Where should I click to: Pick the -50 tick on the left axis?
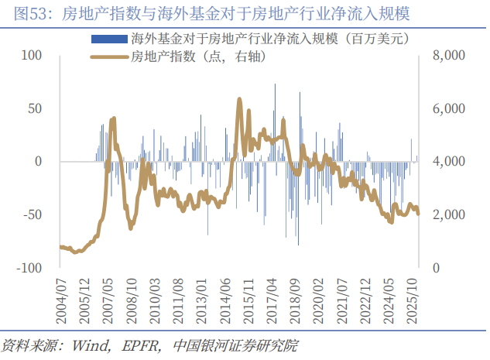pos(30,214)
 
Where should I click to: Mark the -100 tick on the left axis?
pos(27,267)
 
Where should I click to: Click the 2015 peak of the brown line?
pos(239,99)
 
